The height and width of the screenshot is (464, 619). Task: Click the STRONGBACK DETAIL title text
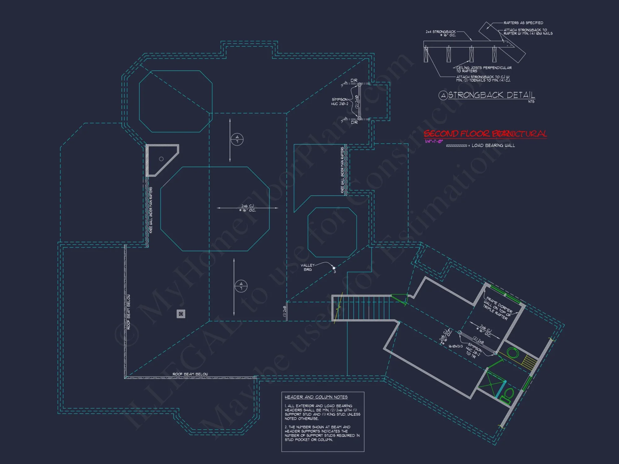click(x=491, y=95)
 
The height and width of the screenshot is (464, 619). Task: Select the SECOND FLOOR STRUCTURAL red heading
click(x=485, y=134)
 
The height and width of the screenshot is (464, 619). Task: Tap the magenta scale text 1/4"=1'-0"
click(x=434, y=141)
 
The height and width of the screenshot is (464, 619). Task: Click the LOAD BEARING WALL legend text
click(x=493, y=145)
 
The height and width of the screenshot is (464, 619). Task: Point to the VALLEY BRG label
click(x=307, y=267)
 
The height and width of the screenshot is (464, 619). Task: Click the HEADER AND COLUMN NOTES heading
click(x=316, y=397)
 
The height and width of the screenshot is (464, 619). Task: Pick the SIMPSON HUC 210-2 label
click(x=340, y=102)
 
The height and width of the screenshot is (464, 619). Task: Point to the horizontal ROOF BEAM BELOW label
click(x=190, y=374)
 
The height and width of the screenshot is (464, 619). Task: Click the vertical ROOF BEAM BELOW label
click(x=128, y=311)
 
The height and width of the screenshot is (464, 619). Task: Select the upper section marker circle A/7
click(x=237, y=140)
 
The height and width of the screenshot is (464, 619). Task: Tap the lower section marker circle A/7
click(x=241, y=286)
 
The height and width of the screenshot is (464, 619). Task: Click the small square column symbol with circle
click(x=181, y=314)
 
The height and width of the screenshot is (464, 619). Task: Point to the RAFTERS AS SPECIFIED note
click(x=523, y=23)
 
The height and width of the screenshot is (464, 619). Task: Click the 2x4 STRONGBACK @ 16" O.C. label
click(x=441, y=33)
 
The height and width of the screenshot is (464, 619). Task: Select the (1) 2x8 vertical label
click(x=284, y=311)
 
